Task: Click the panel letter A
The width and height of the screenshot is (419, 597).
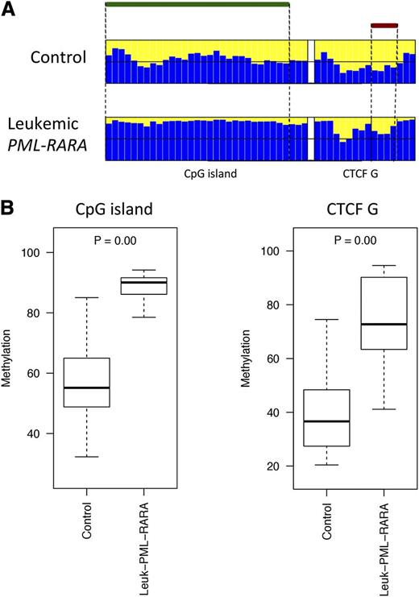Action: point(9,10)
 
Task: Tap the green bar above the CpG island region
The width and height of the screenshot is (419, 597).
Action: point(197,5)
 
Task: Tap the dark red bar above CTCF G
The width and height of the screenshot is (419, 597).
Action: point(384,26)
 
